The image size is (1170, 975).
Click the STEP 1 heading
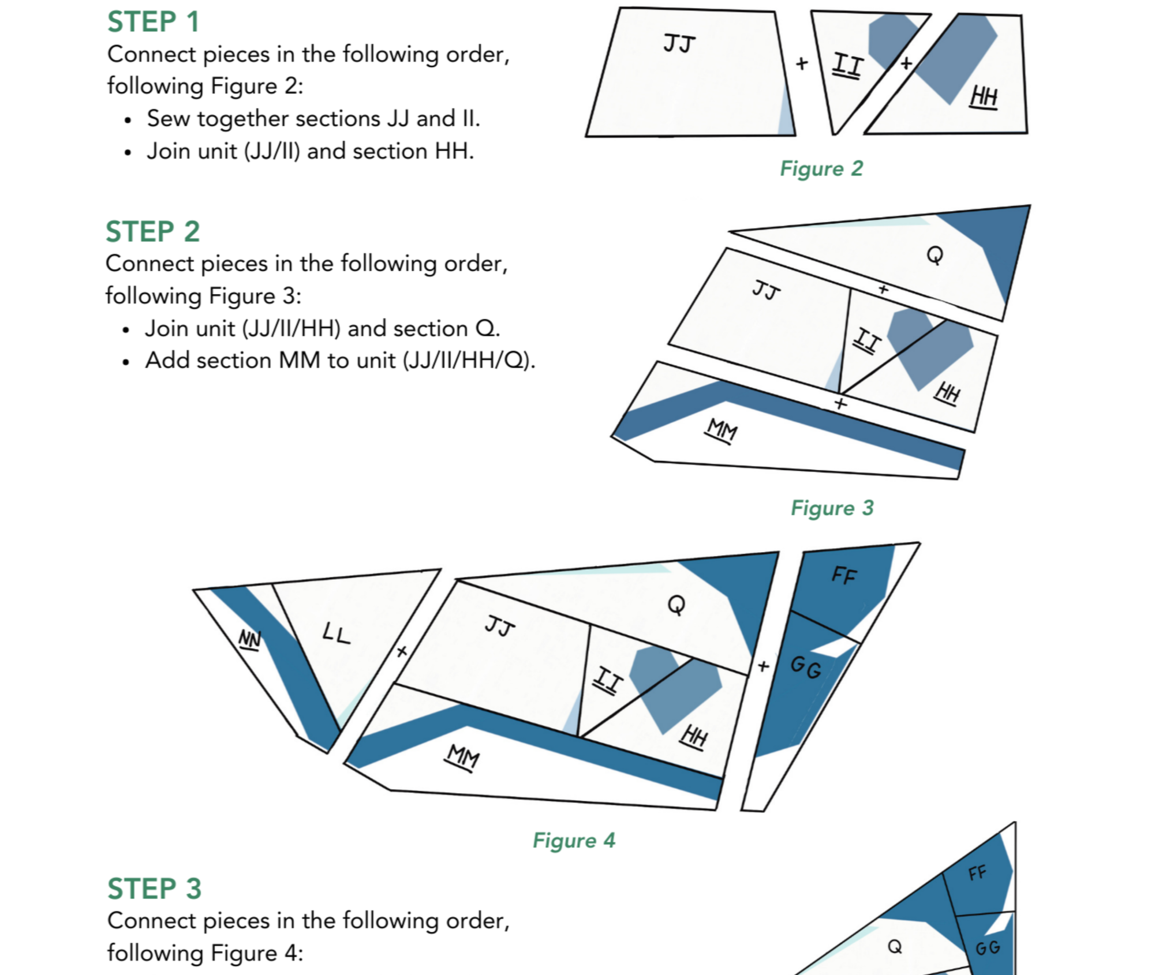tap(153, 22)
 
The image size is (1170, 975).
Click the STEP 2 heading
tap(152, 231)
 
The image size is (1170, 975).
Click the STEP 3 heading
tap(154, 888)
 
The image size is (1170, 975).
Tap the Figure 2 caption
tap(821, 168)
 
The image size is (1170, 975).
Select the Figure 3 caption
tap(832, 508)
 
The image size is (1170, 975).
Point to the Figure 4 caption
tap(574, 840)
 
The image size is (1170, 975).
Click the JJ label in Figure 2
tap(679, 44)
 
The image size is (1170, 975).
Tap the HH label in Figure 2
tap(984, 96)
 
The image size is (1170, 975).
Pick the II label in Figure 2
tap(847, 65)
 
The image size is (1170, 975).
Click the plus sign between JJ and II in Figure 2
tap(802, 63)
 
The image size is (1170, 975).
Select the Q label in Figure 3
tap(934, 254)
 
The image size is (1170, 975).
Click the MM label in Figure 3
tap(722, 430)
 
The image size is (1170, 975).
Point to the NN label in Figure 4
tap(250, 639)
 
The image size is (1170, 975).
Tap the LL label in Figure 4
tap(336, 633)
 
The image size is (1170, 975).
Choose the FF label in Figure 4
tap(844, 575)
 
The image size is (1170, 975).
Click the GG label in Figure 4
tap(806, 667)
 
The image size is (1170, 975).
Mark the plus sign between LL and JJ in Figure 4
tap(402, 652)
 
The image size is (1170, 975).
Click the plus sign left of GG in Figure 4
tap(764, 666)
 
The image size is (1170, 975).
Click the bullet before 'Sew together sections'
tap(128, 120)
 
